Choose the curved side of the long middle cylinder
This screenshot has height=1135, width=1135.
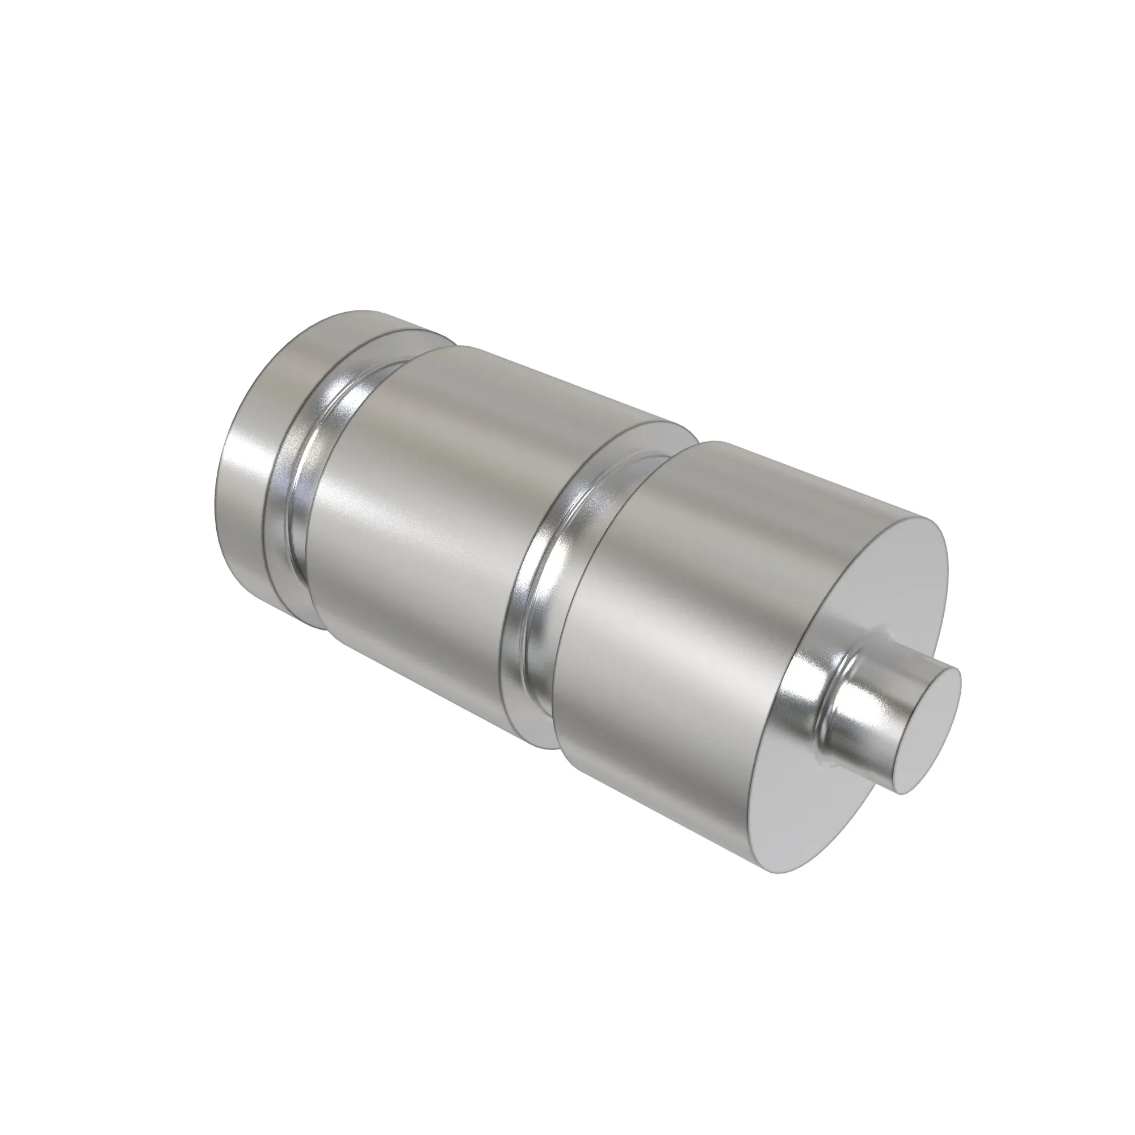pyautogui.click(x=435, y=511)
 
